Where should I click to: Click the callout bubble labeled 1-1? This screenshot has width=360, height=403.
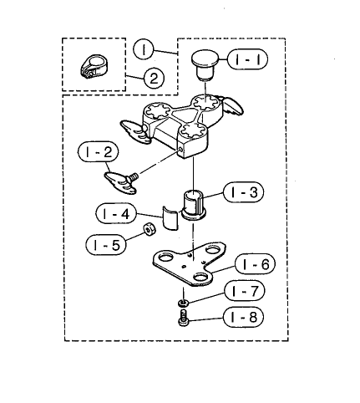[x=247, y=59]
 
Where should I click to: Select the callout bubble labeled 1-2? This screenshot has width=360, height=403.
[x=99, y=152]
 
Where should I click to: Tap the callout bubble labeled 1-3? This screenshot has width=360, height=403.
[x=243, y=192]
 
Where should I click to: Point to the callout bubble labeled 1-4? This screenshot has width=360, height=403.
[x=116, y=214]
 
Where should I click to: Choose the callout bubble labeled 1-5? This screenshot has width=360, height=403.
[x=106, y=245]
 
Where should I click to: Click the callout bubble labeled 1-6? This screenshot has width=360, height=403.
[x=255, y=264]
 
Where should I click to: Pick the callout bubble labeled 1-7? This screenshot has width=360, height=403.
[x=244, y=291]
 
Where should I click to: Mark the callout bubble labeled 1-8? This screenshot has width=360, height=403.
[x=244, y=317]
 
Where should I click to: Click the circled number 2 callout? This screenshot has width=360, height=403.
[x=154, y=78]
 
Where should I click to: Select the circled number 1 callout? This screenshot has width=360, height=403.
[x=144, y=49]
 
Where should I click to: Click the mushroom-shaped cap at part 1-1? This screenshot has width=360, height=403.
[x=205, y=64]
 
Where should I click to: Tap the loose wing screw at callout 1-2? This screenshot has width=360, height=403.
[x=121, y=181]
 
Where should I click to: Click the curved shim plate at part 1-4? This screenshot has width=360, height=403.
[x=170, y=218]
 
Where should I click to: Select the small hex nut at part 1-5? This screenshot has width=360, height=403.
[x=150, y=229]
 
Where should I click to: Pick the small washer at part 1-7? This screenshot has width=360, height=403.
[x=183, y=303]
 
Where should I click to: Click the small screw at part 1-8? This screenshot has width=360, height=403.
[x=184, y=318]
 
